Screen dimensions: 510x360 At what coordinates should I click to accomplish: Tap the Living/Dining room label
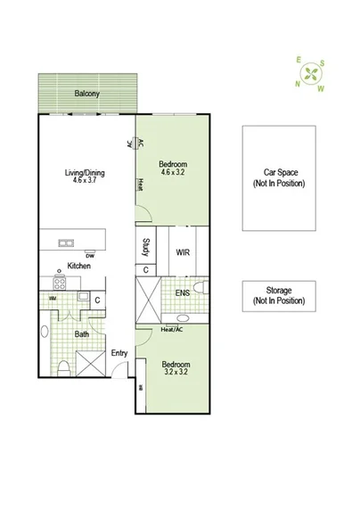point(85,173)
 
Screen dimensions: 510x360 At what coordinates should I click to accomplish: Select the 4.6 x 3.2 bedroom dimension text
point(174,174)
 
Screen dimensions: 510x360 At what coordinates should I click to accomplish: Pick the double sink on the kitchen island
point(66,243)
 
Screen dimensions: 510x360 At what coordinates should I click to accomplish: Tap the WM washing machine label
point(53,299)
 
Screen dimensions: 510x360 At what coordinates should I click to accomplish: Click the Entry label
point(119,353)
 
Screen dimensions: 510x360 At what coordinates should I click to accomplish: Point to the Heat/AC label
point(172,329)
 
